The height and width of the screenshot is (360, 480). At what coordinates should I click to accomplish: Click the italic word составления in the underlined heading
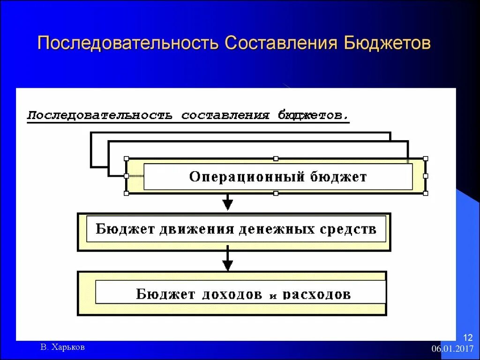coord(225,115)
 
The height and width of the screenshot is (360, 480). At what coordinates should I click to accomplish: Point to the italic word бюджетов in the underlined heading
coord(313,115)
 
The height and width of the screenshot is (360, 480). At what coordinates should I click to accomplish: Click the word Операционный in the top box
coord(247,177)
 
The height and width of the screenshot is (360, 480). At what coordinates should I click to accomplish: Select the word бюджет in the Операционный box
coord(338,177)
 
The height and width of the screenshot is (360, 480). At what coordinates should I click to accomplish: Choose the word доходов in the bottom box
coord(232,294)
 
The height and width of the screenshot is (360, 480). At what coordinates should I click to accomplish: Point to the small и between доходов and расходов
coord(274,295)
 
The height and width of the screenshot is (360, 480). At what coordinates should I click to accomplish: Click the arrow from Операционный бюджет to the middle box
coord(227,202)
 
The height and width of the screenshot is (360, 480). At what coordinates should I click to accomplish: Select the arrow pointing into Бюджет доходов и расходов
coord(227,260)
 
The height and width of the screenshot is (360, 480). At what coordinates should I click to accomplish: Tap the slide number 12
coord(468,337)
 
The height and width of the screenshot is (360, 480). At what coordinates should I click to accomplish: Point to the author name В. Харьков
coord(63,347)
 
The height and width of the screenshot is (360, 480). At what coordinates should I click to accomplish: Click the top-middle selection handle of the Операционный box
coord(276,159)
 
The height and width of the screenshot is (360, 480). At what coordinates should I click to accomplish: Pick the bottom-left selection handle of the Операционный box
coord(126,193)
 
